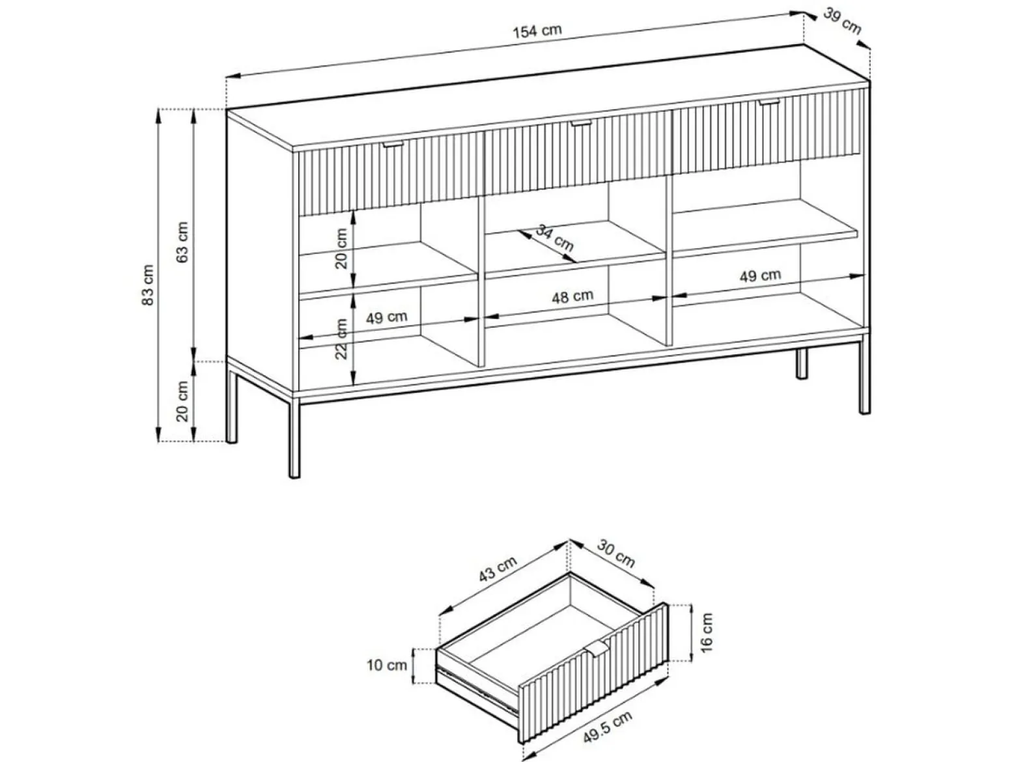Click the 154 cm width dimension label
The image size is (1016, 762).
[537, 31]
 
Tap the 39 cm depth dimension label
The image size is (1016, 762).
[842, 21]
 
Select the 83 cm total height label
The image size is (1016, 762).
[147, 285]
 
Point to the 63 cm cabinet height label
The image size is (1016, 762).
[182, 242]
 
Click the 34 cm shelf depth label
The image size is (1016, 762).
[554, 237]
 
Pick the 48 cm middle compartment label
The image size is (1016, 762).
[572, 296]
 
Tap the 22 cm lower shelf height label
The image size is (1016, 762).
[341, 339]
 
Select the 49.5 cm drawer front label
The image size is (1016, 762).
[607, 727]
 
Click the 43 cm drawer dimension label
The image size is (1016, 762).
[498, 569]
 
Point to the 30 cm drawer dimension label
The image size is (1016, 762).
[615, 552]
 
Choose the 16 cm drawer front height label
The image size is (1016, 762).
[707, 632]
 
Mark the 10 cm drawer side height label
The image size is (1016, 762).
[387, 666]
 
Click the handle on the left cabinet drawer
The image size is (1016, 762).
[393, 145]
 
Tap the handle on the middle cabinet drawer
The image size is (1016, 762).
[581, 123]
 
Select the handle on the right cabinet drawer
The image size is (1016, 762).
[769, 102]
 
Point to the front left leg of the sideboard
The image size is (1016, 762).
[294, 438]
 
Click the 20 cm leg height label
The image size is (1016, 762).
[182, 401]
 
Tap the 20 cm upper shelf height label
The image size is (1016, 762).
[341, 248]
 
